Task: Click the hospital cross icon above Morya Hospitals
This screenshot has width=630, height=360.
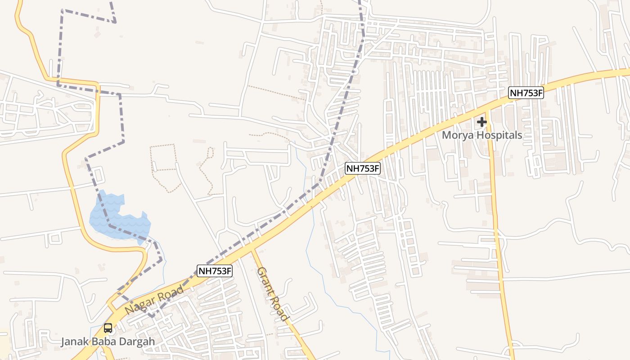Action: coord(482,121)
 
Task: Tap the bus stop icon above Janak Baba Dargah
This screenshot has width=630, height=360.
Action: coord(108,328)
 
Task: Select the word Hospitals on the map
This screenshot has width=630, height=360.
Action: coord(499,135)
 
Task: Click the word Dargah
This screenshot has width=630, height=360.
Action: coord(137,342)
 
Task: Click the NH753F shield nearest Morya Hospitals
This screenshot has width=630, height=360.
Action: coord(526,93)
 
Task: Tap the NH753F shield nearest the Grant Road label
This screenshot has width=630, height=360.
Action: coord(215,271)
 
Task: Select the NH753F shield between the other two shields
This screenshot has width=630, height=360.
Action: coord(363,168)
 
